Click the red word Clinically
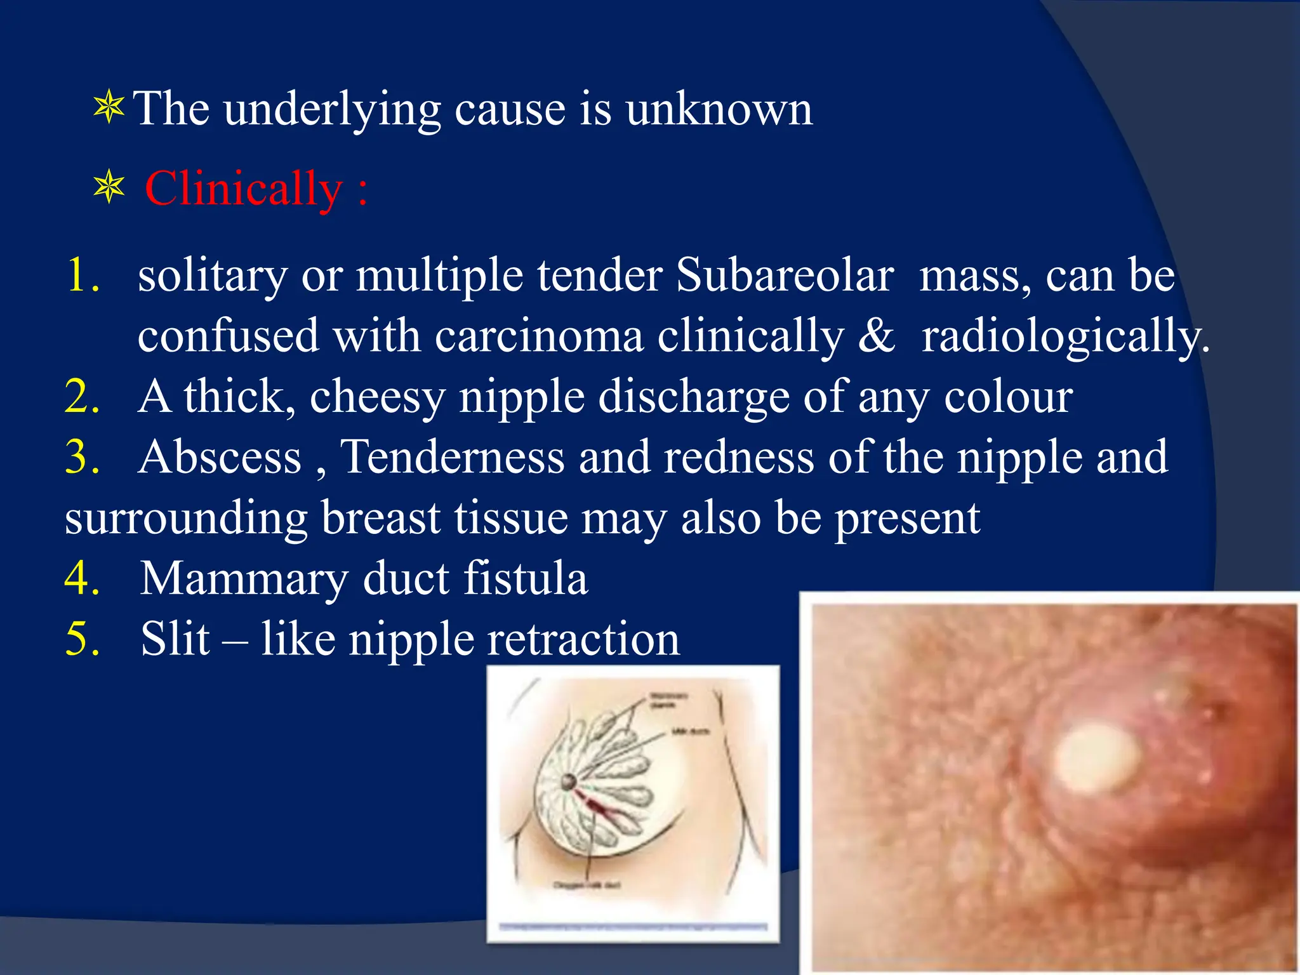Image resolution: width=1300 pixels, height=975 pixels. (x=244, y=189)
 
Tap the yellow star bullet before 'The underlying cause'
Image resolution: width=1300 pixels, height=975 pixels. (x=109, y=107)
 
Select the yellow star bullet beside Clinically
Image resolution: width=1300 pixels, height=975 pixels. (x=109, y=188)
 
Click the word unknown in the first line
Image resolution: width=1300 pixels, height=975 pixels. (x=719, y=109)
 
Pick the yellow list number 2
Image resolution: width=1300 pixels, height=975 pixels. (x=83, y=397)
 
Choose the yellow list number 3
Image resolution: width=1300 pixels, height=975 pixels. (x=83, y=457)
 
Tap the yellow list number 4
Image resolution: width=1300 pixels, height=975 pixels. (x=83, y=578)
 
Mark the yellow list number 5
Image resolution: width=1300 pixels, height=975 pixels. (x=83, y=639)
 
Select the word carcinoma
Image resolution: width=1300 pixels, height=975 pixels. (x=539, y=336)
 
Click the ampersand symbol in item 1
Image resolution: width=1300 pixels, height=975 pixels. (x=876, y=336)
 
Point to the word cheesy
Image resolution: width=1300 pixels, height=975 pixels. (x=377, y=398)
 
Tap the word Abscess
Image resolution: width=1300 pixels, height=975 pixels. (x=220, y=457)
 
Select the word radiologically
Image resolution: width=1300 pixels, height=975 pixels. (x=1065, y=337)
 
